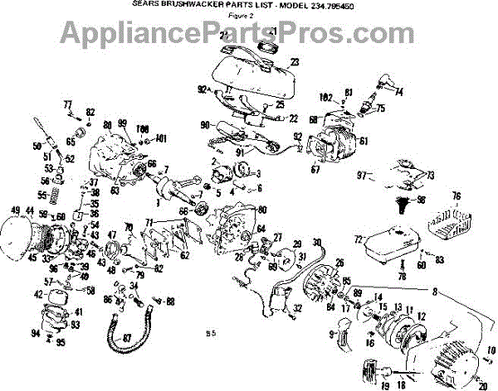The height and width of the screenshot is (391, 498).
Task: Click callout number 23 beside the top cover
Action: pyautogui.click(x=294, y=60)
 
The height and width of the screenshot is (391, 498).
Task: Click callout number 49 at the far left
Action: pyautogui.click(x=15, y=209)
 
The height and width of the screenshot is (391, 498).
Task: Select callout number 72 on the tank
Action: pyautogui.click(x=358, y=239)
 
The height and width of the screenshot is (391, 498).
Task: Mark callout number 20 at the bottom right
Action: pyautogui.click(x=483, y=384)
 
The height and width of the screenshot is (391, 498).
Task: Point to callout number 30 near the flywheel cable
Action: pyautogui.click(x=316, y=242)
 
